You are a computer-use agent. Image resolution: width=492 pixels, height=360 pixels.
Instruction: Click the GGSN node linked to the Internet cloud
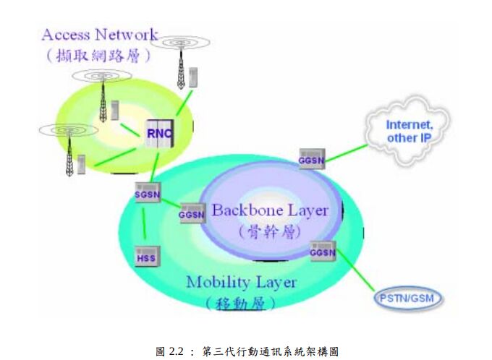coord(312,158)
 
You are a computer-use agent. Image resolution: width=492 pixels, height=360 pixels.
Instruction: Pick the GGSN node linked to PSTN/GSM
coord(322,252)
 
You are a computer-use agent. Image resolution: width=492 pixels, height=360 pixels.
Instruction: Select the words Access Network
coord(100,35)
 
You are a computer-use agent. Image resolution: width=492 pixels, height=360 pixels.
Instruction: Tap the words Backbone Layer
coord(269,211)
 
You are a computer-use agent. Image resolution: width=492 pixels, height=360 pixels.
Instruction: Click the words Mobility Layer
coord(231,282)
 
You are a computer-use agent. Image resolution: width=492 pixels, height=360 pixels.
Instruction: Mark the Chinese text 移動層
coord(232,302)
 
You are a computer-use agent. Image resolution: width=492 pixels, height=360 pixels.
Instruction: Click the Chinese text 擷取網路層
coord(100,55)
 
